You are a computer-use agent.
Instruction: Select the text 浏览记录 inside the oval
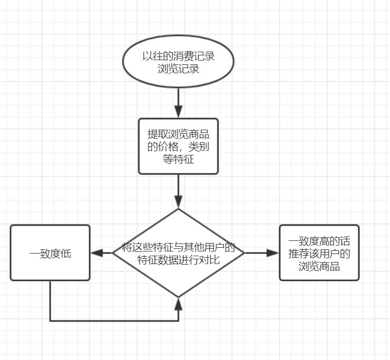coord(178,69)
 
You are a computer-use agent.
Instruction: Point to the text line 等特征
coord(178,159)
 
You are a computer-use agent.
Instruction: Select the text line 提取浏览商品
coord(178,134)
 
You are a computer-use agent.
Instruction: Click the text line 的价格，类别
coord(178,147)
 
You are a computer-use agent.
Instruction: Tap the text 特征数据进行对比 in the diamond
coord(178,260)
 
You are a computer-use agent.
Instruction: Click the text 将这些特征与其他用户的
coord(178,247)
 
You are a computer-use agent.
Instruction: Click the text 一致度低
coord(50,254)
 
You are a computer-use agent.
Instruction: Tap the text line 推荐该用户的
coord(319,254)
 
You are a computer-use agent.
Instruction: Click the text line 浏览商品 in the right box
coord(319,266)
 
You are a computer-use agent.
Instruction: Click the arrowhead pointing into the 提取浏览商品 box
coord(178,112)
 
